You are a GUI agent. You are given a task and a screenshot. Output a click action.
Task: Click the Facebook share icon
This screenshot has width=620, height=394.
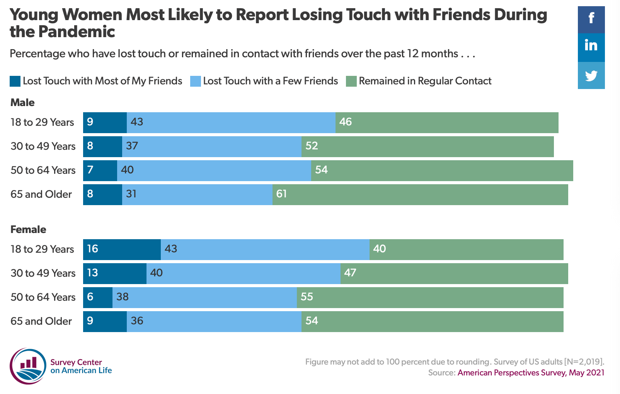pyautogui.click(x=591, y=19)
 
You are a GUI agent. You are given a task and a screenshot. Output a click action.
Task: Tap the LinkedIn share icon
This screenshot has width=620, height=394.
pyautogui.click(x=591, y=47)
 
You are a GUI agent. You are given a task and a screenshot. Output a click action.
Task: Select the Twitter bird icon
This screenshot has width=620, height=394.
pyautogui.click(x=591, y=75)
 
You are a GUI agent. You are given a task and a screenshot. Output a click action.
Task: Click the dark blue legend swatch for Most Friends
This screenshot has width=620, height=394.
pyautogui.click(x=15, y=81)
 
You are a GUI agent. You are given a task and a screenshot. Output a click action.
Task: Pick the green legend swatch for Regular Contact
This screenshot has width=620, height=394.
pyautogui.click(x=351, y=81)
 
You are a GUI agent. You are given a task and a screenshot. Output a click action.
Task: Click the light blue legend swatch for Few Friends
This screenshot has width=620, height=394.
pyautogui.click(x=195, y=81)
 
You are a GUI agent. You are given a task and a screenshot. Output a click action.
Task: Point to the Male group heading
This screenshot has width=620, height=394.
pyautogui.click(x=22, y=103)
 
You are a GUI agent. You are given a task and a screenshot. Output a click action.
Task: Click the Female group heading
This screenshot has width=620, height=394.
pyautogui.click(x=28, y=230)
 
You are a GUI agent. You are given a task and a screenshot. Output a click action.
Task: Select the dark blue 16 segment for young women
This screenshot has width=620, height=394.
pyautogui.click(x=122, y=250)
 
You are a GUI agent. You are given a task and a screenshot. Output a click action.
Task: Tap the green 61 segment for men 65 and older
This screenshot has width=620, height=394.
pyautogui.click(x=420, y=194)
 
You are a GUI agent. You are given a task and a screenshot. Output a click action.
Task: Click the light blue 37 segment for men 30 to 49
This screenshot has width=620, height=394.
pyautogui.click(x=212, y=146)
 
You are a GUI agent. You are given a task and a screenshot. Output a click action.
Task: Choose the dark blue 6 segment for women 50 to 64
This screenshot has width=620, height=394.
pyautogui.click(x=98, y=298)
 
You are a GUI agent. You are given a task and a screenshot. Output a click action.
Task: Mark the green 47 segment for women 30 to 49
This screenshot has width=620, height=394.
pyautogui.click(x=454, y=274)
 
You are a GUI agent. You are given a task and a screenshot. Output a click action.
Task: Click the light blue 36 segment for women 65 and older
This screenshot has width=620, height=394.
pyautogui.click(x=214, y=322)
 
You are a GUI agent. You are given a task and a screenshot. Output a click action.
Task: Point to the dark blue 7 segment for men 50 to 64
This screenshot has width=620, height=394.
pyautogui.click(x=100, y=170)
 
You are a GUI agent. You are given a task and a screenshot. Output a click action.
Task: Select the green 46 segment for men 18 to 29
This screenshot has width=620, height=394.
pyautogui.click(x=447, y=122)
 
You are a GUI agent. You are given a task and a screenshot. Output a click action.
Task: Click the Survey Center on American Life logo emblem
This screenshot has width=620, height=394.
pyautogui.click(x=28, y=366)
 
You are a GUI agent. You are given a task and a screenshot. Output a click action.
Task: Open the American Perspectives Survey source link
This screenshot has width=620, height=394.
pyautogui.click(x=531, y=373)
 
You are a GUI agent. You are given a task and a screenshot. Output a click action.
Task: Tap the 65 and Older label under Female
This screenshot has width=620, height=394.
pyautogui.click(x=41, y=321)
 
